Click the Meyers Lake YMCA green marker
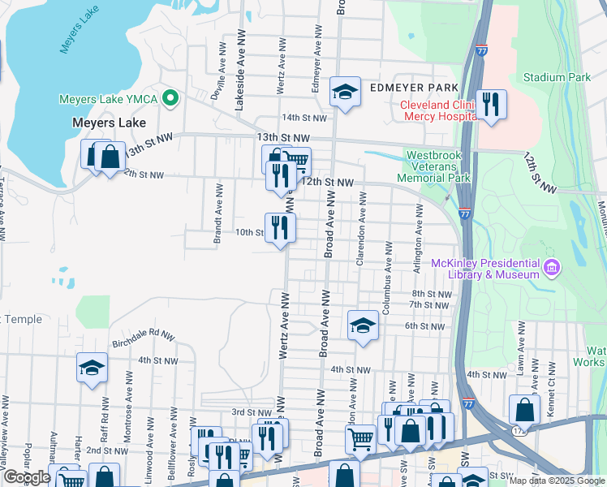(x=170, y=99)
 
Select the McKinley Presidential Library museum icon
(x=551, y=266)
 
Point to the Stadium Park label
(x=557, y=77)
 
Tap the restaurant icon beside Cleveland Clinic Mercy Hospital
(x=491, y=105)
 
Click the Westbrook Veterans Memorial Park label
(x=438, y=166)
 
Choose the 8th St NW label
(x=431, y=294)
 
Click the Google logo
(x=27, y=477)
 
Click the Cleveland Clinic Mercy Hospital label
(x=437, y=110)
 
